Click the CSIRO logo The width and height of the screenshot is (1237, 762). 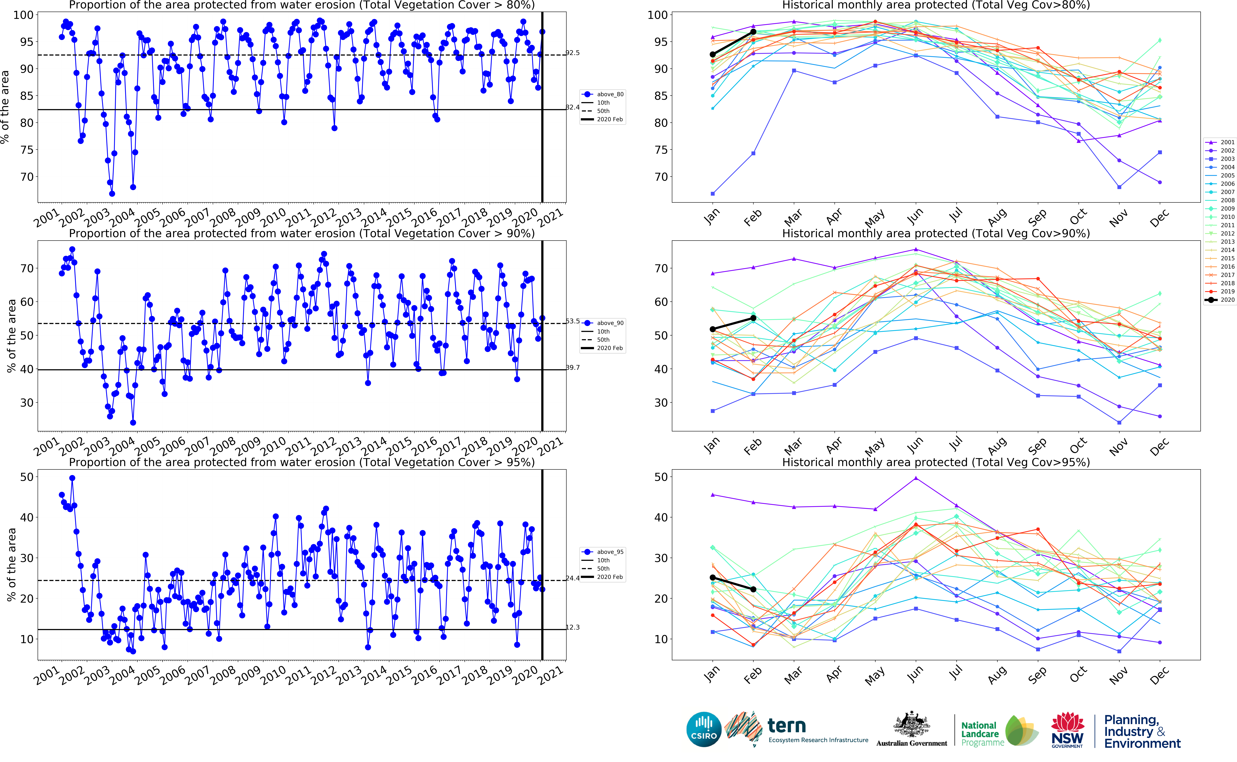(704, 729)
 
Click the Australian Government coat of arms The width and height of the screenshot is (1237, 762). (911, 726)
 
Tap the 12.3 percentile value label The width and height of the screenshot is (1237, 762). (573, 627)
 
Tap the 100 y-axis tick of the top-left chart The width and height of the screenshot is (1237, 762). (23, 15)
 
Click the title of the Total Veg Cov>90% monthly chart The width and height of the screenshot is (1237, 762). (936, 233)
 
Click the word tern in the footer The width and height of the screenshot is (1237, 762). (786, 726)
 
